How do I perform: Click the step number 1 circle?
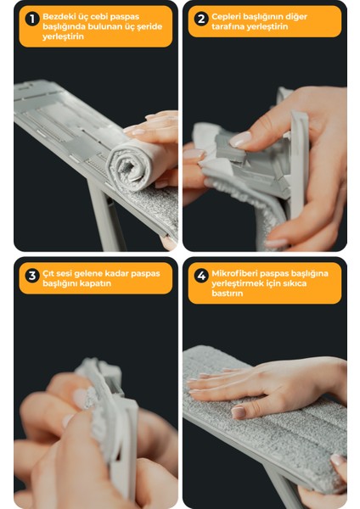(x=32, y=20)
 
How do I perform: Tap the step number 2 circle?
(x=201, y=20)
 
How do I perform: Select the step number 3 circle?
(x=32, y=276)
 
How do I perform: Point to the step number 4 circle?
(x=201, y=276)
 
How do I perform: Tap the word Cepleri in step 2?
(x=226, y=17)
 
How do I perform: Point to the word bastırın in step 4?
(x=228, y=294)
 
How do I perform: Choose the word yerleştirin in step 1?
(x=63, y=36)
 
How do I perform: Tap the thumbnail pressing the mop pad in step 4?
(x=239, y=412)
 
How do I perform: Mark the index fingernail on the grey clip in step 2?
(x=240, y=139)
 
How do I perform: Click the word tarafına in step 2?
(x=228, y=26)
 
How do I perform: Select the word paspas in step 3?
(x=145, y=274)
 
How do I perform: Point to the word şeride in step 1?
(x=149, y=26)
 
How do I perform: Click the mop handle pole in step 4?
(x=284, y=490)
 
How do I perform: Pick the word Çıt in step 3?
(x=48, y=273)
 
